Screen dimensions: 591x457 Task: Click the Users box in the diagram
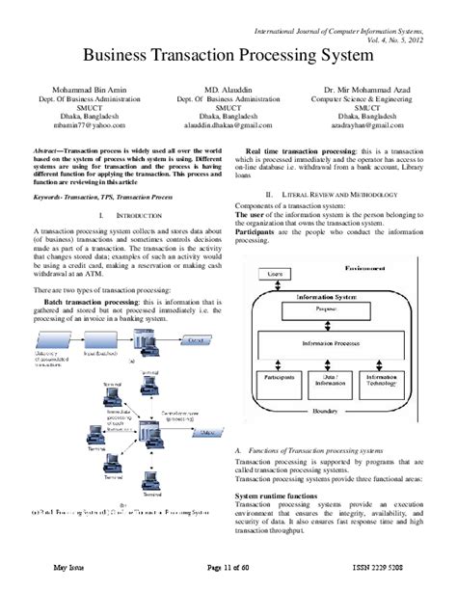[x=276, y=275]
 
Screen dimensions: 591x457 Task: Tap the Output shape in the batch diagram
[x=195, y=339]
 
